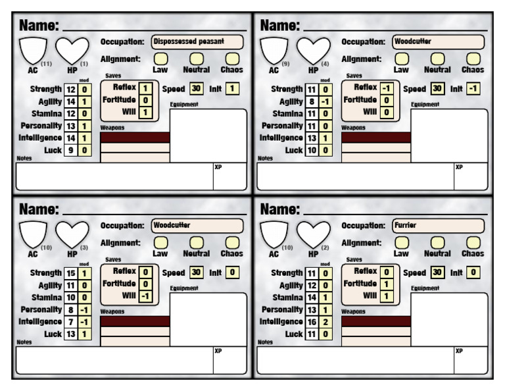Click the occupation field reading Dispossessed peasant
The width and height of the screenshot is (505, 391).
coord(197,41)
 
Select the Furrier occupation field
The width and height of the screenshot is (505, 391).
coord(439,225)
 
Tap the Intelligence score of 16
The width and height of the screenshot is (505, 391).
coord(312,322)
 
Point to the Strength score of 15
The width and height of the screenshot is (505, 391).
coord(71,273)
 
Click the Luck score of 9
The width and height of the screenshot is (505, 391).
coord(71,151)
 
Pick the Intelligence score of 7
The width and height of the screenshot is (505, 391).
coord(71,322)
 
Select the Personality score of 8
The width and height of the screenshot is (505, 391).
coord(71,309)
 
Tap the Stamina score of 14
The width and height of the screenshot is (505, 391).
coord(312,298)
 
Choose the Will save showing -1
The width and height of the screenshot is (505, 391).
coord(146,296)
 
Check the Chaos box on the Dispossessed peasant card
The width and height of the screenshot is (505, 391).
coord(232,59)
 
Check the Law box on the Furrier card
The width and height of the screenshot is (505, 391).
coord(401,242)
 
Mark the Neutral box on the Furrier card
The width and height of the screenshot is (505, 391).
coord(437,242)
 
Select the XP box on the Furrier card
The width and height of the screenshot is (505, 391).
coord(471,360)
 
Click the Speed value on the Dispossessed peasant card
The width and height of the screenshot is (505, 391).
coord(196,88)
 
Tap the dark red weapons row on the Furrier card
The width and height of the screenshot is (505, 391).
coord(376,322)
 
